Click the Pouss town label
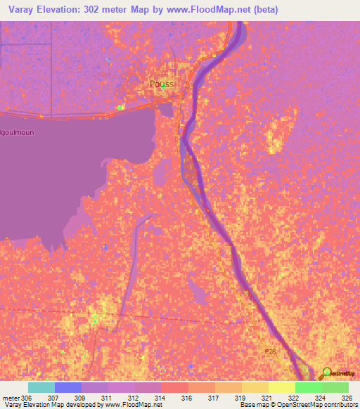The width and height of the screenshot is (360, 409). [161, 84]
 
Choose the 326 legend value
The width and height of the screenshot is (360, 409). [335, 398]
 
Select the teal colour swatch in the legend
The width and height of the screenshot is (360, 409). [41, 387]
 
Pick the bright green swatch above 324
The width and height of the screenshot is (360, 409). [308, 387]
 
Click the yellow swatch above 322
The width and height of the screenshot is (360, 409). [281, 387]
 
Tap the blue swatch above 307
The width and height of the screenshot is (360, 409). [68, 387]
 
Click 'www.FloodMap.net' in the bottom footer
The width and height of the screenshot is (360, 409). [134, 405]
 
